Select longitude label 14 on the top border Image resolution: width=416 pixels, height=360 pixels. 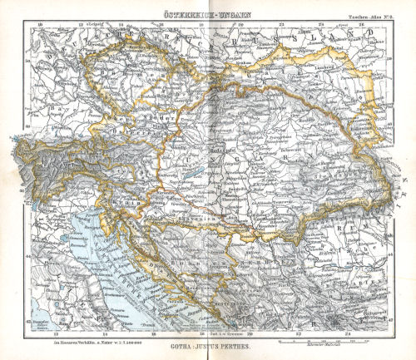click(x=121, y=24)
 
